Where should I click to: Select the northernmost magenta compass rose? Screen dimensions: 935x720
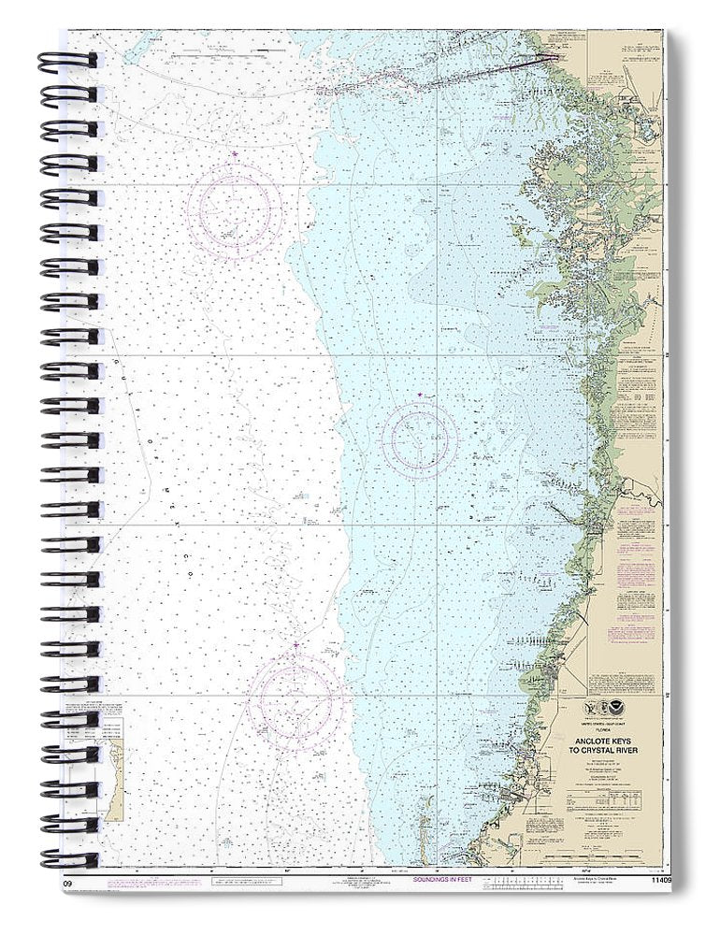[234, 209]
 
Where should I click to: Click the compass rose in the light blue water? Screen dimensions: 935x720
[420, 439]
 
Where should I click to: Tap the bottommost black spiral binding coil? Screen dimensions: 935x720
[67, 858]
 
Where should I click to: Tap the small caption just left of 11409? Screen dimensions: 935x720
[595, 880]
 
